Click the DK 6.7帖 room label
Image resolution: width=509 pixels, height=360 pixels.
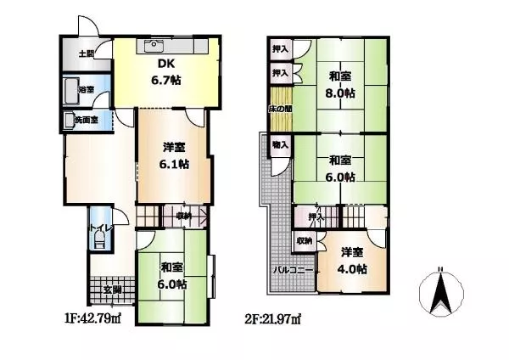point(166,72)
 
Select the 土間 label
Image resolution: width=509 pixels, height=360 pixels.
point(87,53)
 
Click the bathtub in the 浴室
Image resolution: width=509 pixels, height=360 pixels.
point(70,91)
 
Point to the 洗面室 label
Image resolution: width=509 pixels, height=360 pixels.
point(86,120)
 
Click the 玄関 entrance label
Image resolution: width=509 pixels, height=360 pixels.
point(112,290)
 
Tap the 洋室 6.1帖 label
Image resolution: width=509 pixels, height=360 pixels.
point(174,155)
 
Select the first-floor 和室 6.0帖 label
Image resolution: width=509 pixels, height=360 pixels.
point(172,276)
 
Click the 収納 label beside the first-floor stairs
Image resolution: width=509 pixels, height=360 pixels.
point(184,216)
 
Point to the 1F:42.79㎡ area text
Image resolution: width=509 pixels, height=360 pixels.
point(92,318)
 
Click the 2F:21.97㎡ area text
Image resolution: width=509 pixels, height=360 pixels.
point(272,318)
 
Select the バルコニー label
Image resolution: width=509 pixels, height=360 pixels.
point(294,270)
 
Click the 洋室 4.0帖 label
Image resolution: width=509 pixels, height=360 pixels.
point(352,261)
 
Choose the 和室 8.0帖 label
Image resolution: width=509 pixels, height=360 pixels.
point(340,85)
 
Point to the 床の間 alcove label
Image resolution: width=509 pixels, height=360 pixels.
point(280,109)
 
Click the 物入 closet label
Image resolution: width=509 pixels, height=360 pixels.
point(280,144)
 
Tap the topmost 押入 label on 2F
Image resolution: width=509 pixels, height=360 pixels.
point(280,49)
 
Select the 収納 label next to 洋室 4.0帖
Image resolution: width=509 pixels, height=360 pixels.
point(305,241)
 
